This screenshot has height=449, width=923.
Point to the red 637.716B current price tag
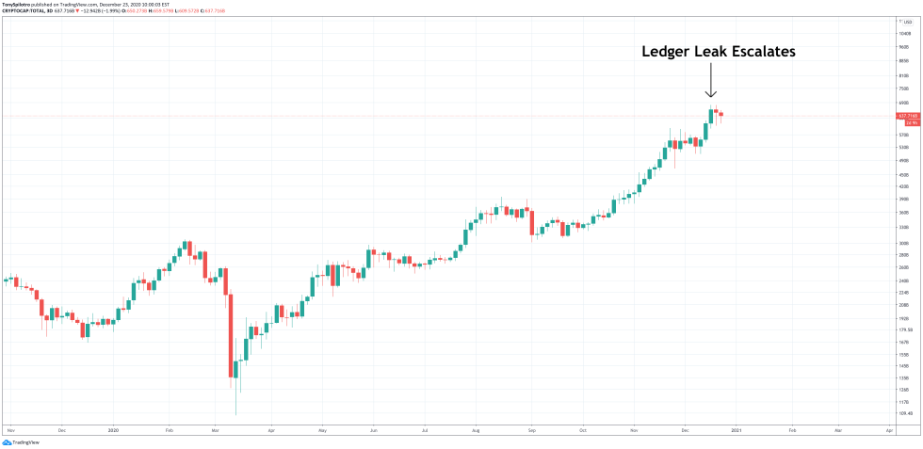pos(909,116)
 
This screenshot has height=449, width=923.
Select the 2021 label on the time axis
pos(737,429)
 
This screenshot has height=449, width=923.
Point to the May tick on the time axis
pos(322,429)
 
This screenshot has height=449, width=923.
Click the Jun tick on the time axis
pos(374,429)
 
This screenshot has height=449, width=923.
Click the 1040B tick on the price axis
pos(905,33)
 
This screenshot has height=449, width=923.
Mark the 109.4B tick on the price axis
pos(905,413)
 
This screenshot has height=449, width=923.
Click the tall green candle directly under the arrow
pos(710,123)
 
